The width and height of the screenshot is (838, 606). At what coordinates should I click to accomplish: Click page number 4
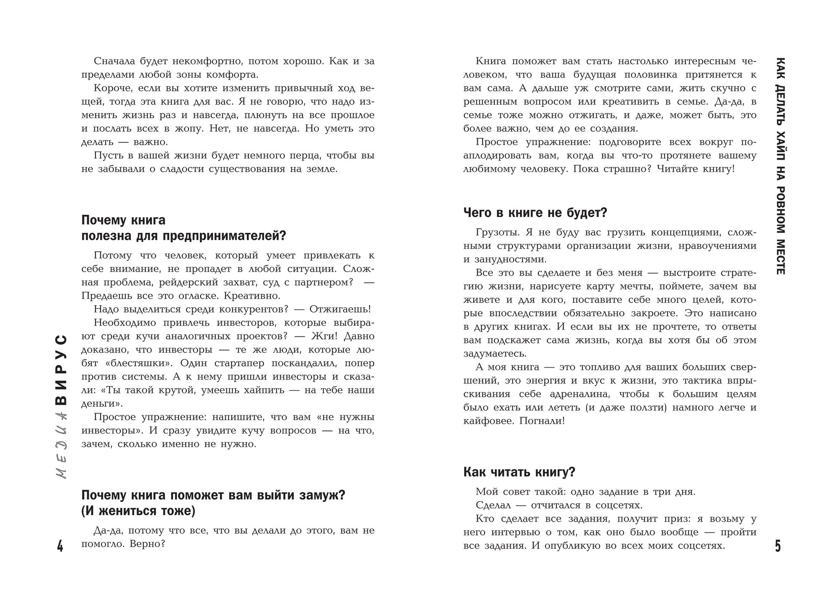[60, 546]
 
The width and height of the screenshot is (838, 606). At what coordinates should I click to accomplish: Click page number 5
[778, 546]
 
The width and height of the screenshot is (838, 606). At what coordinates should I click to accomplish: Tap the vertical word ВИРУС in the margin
[62, 370]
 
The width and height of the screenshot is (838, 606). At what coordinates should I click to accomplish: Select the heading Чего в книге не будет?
[535, 213]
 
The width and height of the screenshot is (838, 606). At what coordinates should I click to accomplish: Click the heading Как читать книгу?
[519, 472]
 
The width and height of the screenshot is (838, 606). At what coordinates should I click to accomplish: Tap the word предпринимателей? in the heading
[224, 236]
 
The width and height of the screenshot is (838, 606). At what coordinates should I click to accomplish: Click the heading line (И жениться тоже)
[138, 511]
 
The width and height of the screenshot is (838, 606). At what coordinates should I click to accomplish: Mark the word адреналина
[581, 394]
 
